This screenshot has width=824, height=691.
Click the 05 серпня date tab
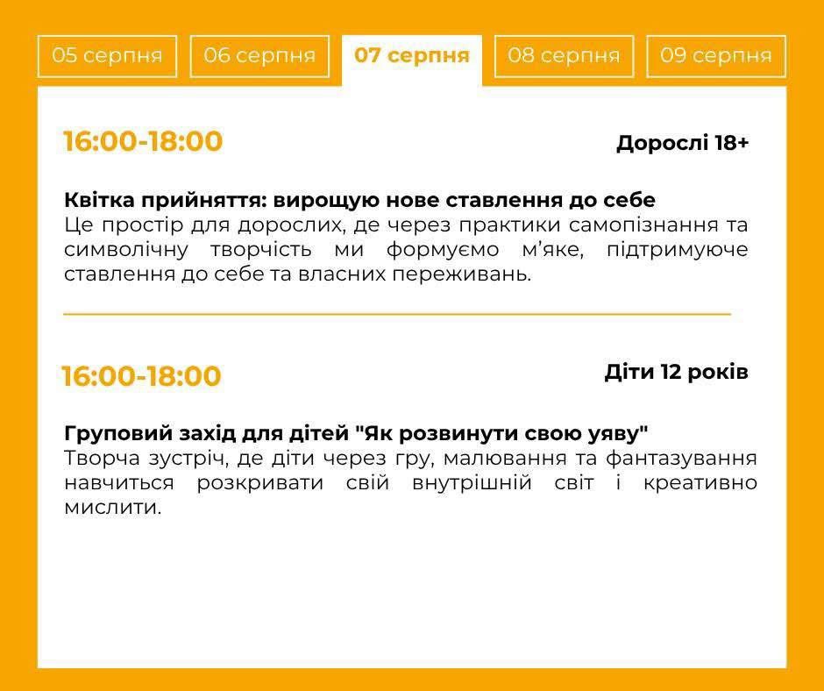(x=107, y=56)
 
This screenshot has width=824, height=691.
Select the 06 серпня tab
(x=259, y=56)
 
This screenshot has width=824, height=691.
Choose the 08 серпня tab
(x=564, y=56)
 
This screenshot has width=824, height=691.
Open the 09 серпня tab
(x=716, y=56)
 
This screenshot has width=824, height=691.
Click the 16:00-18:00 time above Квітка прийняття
(x=143, y=141)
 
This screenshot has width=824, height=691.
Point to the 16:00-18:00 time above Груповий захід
(x=141, y=376)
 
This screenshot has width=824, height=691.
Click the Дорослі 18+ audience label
(x=683, y=143)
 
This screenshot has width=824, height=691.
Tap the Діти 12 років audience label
(x=677, y=373)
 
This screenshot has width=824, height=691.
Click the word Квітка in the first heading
(x=98, y=200)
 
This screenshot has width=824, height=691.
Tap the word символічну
(x=126, y=250)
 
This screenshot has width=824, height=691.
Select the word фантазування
(x=682, y=459)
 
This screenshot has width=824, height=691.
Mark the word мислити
(x=112, y=508)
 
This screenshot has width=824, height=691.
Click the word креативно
(x=700, y=483)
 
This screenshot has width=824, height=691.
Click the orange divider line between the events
(x=397, y=314)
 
